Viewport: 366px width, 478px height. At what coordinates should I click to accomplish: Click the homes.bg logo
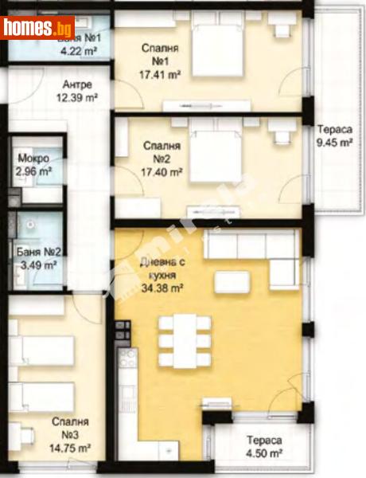37,29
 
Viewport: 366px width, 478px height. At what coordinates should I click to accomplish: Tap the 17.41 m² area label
162,77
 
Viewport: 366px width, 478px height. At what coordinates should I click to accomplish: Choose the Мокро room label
33,158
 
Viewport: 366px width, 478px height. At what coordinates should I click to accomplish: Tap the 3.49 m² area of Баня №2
37,265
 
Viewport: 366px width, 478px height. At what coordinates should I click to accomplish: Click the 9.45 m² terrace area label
334,144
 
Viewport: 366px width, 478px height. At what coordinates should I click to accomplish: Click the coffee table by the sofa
232,281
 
